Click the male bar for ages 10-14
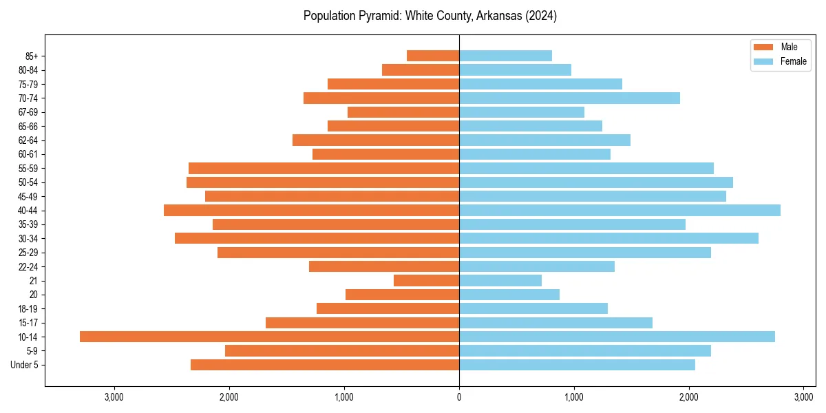[x=269, y=337]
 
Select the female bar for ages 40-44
[x=619, y=210]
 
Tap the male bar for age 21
[x=426, y=280]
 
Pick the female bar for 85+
[x=505, y=56]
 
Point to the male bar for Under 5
[x=325, y=365]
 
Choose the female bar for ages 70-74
[x=569, y=98]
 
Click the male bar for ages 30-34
[x=317, y=238]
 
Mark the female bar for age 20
[x=509, y=295]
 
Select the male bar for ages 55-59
[x=324, y=168]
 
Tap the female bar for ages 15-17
[x=555, y=323]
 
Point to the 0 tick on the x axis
[x=459, y=397]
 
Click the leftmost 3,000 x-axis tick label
[x=114, y=397]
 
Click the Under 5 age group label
[x=25, y=365]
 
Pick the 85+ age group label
[x=32, y=56]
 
